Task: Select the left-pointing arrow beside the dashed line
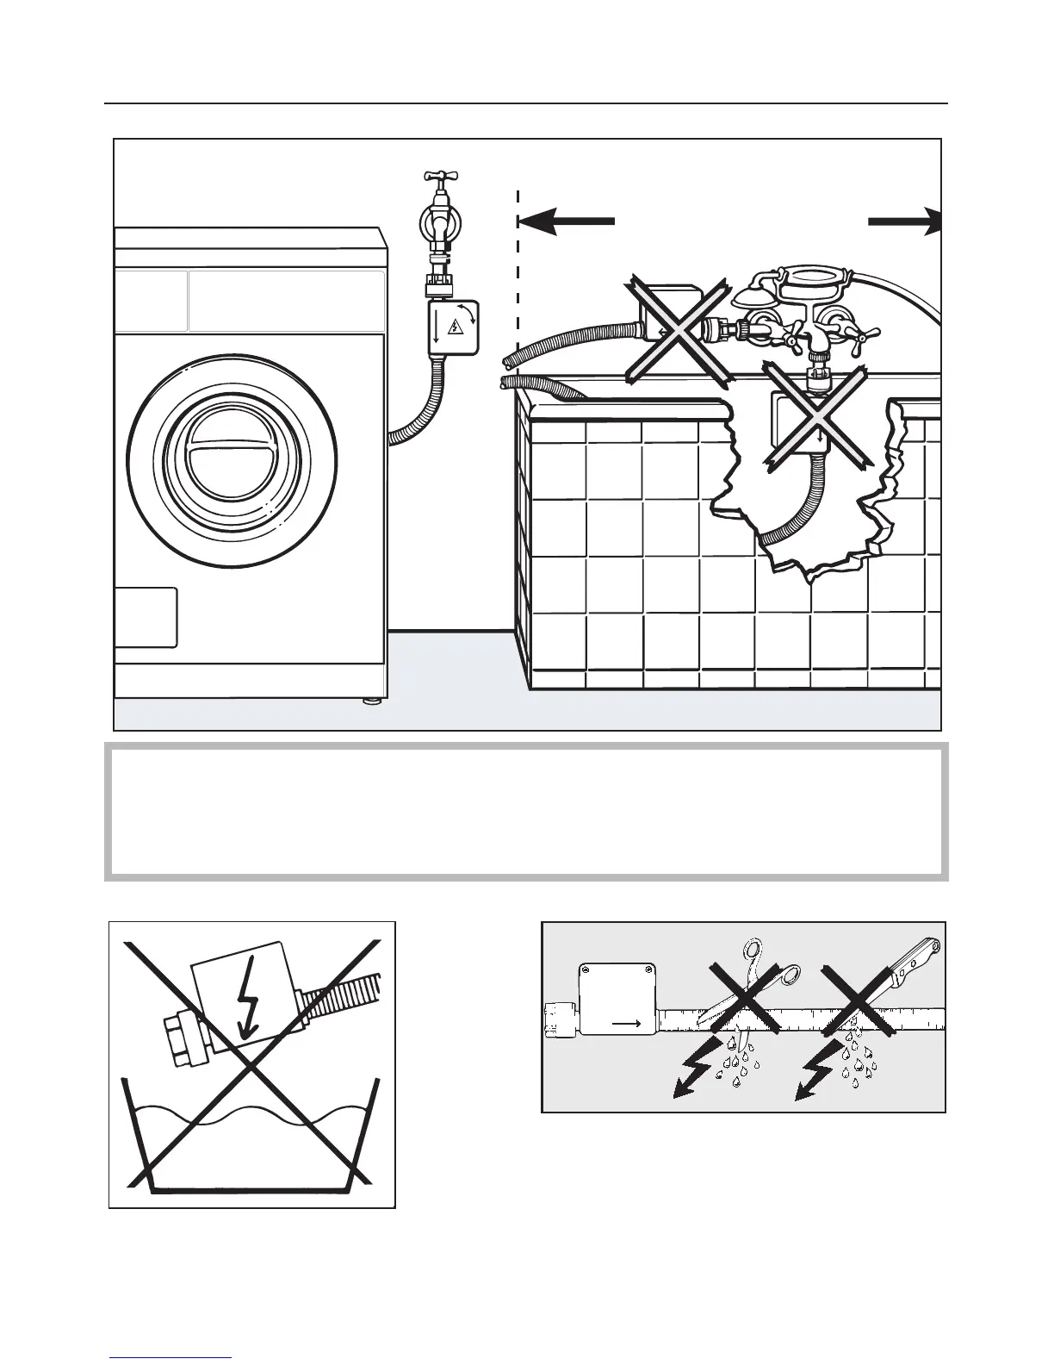566,221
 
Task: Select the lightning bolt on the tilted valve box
248,995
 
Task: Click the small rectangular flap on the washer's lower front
146,617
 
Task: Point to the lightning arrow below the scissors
696,1069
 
